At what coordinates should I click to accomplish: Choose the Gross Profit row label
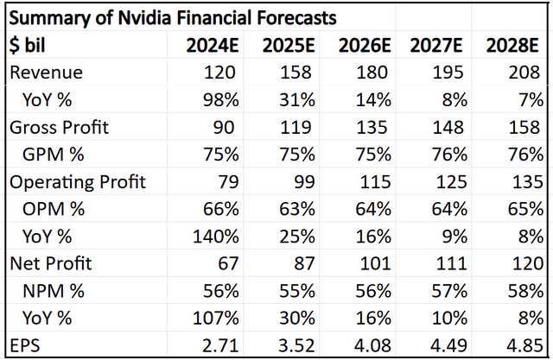point(60,128)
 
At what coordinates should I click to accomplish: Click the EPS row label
point(26,345)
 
